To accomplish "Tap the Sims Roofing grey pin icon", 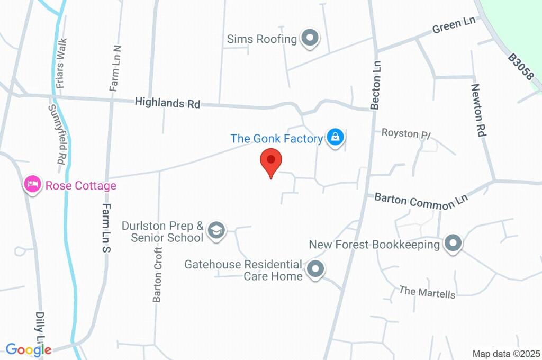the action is point(310,38).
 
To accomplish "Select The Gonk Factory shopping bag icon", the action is point(335,138).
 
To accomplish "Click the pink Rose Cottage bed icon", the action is point(33,185).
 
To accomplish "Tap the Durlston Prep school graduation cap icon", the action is point(216,231).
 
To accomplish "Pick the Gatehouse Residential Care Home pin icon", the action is point(315,269).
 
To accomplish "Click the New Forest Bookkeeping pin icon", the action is point(453,244).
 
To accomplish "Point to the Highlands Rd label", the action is point(167,103).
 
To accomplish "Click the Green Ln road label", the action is point(454,25).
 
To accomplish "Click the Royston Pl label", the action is point(406,133).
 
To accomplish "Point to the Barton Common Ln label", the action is point(421,200).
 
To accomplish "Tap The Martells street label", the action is point(427,292).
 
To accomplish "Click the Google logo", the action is point(29,349).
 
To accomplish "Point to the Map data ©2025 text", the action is point(506,354).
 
